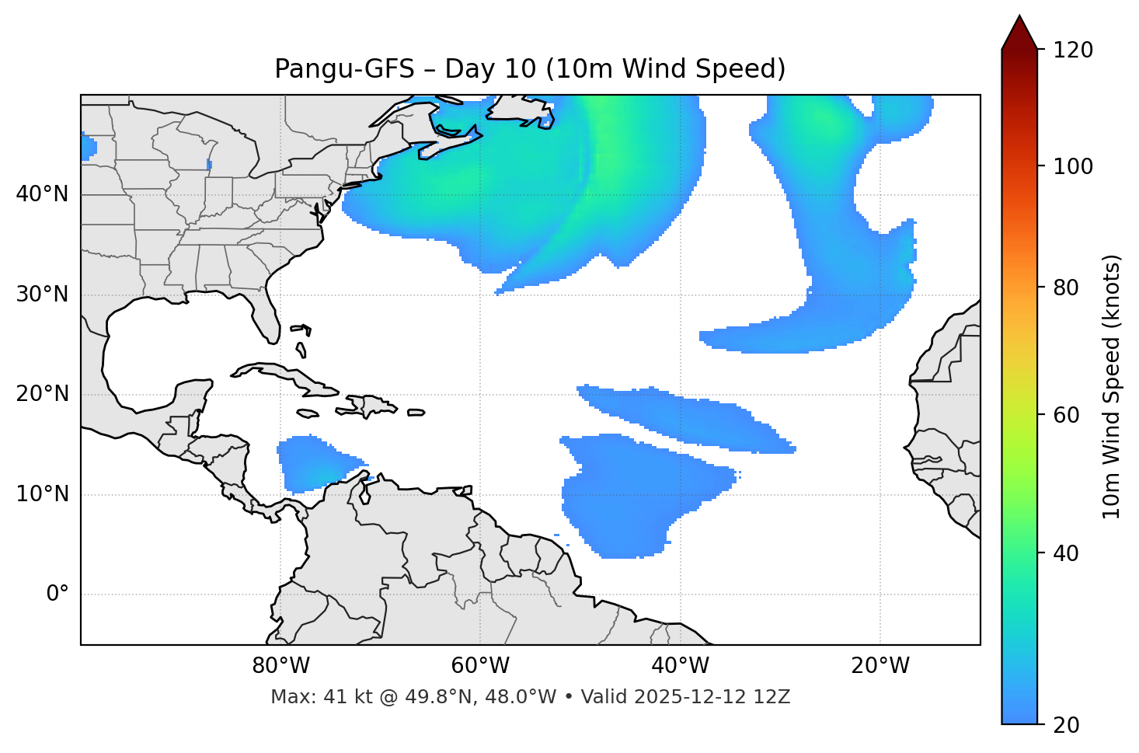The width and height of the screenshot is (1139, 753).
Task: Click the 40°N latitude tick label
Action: pos(42,194)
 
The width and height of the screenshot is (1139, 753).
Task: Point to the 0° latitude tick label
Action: pos(57,594)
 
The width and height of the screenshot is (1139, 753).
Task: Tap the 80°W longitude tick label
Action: pos(280,666)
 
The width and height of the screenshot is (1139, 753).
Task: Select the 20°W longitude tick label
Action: pos(880,666)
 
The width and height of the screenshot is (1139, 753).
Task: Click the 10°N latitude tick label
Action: pos(42,494)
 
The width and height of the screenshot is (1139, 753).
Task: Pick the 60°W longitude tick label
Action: pos(480,666)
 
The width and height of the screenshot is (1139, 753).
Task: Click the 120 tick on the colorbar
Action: pos(1073,51)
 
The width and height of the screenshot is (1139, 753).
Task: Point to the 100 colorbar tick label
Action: pos(1073,166)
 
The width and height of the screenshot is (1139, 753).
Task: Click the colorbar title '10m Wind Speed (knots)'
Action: pos(1112,387)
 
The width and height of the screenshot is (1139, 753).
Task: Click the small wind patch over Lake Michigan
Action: pos(210,164)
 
